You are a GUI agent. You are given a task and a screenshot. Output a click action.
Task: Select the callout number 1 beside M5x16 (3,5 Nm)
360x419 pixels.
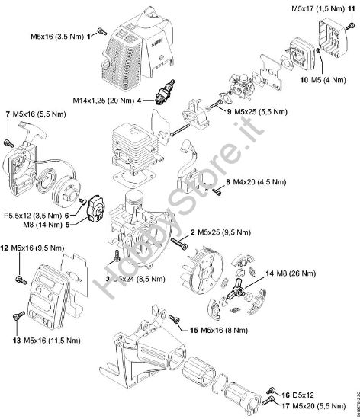pos(89,36)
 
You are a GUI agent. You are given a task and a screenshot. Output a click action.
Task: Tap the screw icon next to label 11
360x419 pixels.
pos(351,26)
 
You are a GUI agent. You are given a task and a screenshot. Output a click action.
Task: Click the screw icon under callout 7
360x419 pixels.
pos(9,142)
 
